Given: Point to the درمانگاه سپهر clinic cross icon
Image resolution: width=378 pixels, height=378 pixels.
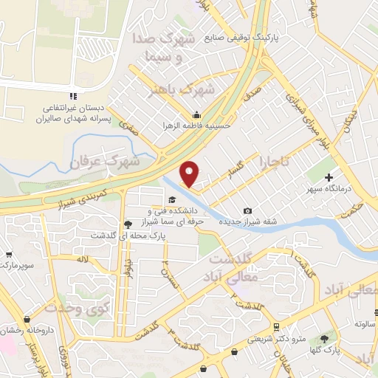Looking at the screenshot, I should click(x=329, y=177).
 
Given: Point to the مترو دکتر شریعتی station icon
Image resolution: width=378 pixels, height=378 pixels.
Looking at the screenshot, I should click(x=275, y=326).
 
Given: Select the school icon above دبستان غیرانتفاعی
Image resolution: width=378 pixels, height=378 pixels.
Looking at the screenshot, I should click(x=72, y=97).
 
